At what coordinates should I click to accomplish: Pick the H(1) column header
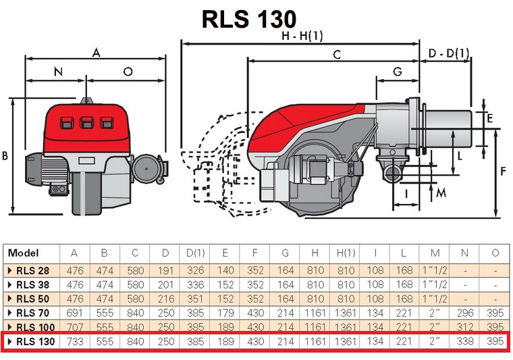click(345, 253)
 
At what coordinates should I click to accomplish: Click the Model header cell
click(24, 253)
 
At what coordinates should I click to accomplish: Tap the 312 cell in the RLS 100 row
click(464, 326)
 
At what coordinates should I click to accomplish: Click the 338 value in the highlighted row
click(464, 341)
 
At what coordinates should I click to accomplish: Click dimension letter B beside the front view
click(5, 156)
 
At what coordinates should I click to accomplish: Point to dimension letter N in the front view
click(57, 72)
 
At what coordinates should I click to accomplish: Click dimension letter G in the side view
click(397, 72)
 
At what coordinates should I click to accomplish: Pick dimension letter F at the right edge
click(502, 171)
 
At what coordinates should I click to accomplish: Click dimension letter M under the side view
click(441, 192)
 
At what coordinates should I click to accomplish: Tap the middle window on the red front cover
click(86, 123)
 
